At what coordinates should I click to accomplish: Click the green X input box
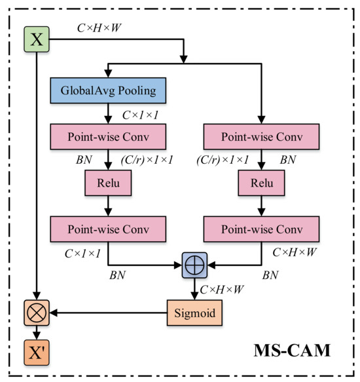[37, 39]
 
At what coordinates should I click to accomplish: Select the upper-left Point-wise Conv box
[107, 138]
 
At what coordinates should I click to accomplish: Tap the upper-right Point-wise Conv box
[262, 138]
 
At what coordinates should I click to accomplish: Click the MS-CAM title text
[292, 349]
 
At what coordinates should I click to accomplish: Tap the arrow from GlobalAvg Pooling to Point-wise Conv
[107, 113]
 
